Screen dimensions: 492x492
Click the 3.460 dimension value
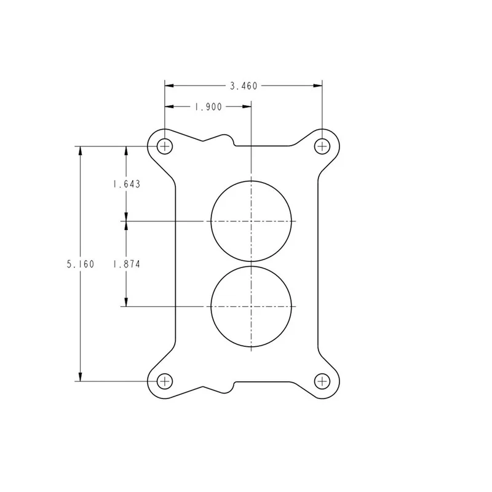pyautogui.click(x=244, y=85)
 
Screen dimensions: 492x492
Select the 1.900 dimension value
pyautogui.click(x=208, y=107)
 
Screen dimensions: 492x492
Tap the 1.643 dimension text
pyautogui.click(x=127, y=184)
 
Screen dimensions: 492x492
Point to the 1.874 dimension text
pyautogui.click(x=127, y=264)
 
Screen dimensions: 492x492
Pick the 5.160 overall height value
pyautogui.click(x=81, y=264)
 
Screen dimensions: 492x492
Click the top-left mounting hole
pyautogui.click(x=165, y=146)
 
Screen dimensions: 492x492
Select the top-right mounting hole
pyautogui.click(x=322, y=146)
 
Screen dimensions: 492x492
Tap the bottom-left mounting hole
pyautogui.click(x=165, y=381)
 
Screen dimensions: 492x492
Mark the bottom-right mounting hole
pyautogui.click(x=322, y=381)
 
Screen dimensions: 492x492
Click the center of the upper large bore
pyautogui.click(x=252, y=221)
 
